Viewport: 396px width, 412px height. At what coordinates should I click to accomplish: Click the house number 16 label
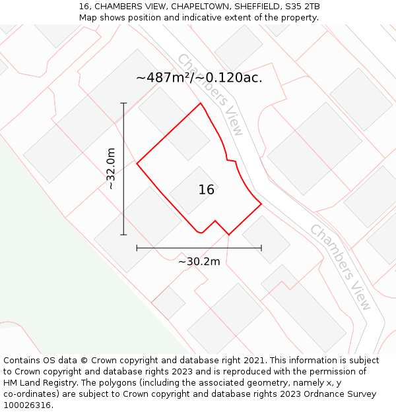[207, 190]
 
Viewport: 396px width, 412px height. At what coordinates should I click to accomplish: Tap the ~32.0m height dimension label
[111, 169]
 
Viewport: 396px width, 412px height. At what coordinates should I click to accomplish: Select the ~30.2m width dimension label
[199, 262]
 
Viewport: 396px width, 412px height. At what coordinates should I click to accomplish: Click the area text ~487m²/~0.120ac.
[199, 78]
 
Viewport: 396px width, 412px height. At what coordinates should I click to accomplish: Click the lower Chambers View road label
[341, 267]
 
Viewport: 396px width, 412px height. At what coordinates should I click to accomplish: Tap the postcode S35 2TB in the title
[304, 7]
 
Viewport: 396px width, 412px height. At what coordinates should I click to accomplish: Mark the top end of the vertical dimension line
[123, 103]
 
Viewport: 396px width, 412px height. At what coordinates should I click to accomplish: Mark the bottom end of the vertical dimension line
[123, 235]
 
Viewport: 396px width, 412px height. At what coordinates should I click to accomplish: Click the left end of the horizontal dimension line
[137, 248]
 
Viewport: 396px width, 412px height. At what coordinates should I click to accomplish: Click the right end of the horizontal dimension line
[261, 248]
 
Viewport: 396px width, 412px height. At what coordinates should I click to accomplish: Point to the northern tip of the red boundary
[201, 103]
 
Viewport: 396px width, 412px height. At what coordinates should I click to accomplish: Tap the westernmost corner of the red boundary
[137, 163]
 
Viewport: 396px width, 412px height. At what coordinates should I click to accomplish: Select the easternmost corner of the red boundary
[261, 204]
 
